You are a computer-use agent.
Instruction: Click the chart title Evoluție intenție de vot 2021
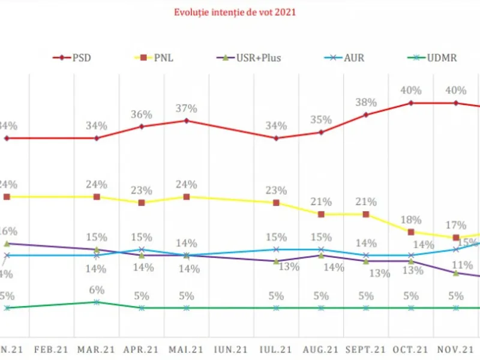point(235,11)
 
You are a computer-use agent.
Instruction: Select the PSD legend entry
point(76,58)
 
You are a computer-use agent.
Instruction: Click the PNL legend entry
point(164,58)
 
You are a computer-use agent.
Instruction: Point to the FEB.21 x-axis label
point(52,349)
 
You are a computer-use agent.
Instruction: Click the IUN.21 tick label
point(232,349)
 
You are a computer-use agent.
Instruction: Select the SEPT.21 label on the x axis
point(366,349)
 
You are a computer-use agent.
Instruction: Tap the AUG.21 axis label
point(321,349)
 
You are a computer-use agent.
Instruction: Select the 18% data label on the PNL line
point(411,220)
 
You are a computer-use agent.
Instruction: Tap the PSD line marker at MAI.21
point(187,121)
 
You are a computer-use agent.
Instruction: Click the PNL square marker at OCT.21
point(411,232)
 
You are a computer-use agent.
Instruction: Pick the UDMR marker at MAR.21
point(97,302)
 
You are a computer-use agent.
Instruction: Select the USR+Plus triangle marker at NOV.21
point(456,273)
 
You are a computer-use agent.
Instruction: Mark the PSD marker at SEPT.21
point(366,114)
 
